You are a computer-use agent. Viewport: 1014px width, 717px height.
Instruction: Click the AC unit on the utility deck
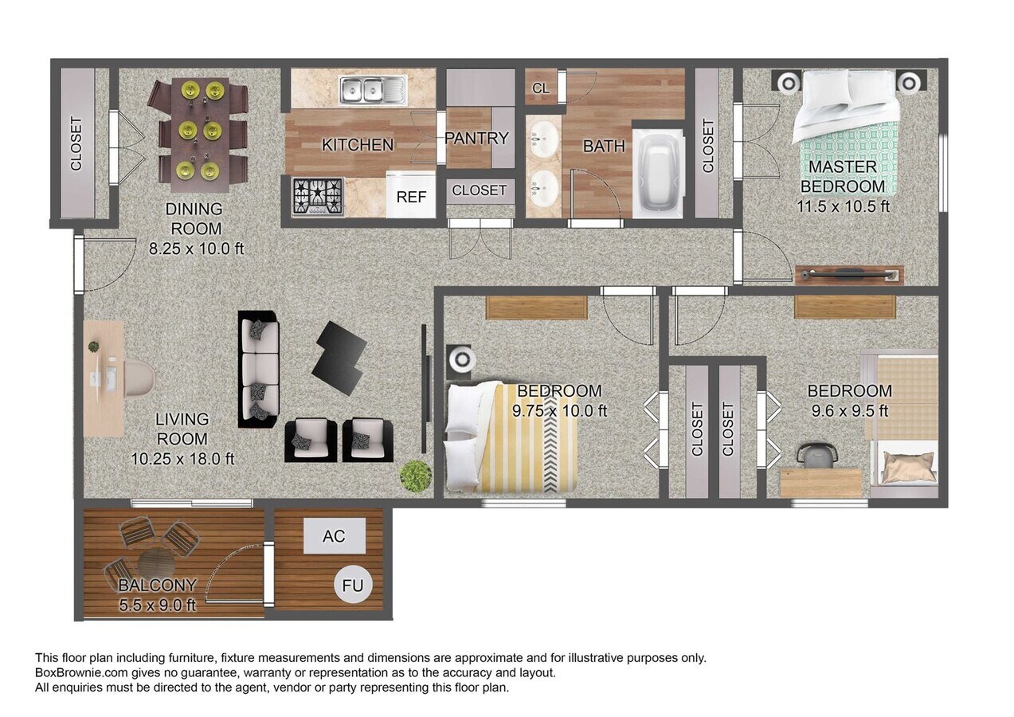point(334,536)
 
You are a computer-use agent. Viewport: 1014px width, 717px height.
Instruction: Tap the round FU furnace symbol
point(352,586)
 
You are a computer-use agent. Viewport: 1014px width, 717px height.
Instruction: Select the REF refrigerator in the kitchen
point(411,196)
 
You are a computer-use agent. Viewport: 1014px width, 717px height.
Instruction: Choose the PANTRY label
point(476,138)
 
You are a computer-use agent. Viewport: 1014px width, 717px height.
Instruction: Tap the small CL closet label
point(541,88)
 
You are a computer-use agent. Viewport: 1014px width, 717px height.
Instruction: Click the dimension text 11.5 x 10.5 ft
point(843,206)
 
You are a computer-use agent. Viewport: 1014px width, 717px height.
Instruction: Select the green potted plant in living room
point(415,476)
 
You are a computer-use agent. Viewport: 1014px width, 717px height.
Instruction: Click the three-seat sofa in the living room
point(259,369)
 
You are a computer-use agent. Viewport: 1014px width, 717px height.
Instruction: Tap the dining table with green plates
point(199,132)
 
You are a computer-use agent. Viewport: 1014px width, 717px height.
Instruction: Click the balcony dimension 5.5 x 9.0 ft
point(157,605)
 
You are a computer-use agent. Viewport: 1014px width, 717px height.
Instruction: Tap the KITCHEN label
point(358,145)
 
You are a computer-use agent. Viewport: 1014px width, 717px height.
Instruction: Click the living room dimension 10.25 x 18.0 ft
point(182,459)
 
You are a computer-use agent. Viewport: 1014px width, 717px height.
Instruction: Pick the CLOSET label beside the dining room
point(76,144)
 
